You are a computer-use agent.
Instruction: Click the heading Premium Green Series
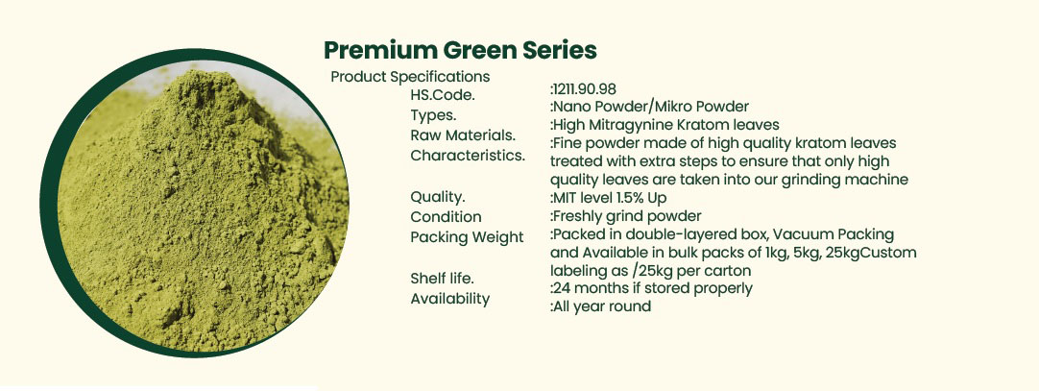click(x=460, y=50)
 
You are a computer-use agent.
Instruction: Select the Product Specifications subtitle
click(x=410, y=76)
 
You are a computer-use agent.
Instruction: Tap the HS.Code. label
click(x=443, y=95)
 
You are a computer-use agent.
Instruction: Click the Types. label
click(x=433, y=115)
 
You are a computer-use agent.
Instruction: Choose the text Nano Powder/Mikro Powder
click(x=649, y=107)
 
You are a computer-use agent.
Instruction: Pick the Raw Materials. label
click(x=463, y=135)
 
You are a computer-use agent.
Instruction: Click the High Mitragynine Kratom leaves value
click(x=664, y=125)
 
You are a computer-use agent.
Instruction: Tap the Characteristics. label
click(x=468, y=156)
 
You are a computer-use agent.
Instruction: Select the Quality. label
click(x=437, y=197)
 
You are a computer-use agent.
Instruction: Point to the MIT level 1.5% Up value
click(x=608, y=198)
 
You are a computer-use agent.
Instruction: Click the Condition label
click(x=446, y=217)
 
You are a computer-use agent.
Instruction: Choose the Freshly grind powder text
click(x=625, y=216)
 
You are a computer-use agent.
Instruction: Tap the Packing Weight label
click(x=467, y=237)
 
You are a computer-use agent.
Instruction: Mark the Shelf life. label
click(x=442, y=279)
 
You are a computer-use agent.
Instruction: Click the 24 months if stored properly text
click(x=651, y=288)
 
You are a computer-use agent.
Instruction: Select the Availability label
click(x=450, y=299)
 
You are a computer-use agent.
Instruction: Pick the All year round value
click(x=600, y=306)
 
